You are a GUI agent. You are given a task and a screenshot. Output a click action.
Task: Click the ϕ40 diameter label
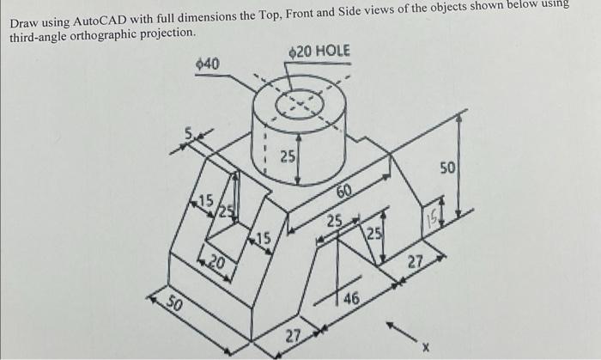209,64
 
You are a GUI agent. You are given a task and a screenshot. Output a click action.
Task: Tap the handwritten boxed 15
433,222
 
